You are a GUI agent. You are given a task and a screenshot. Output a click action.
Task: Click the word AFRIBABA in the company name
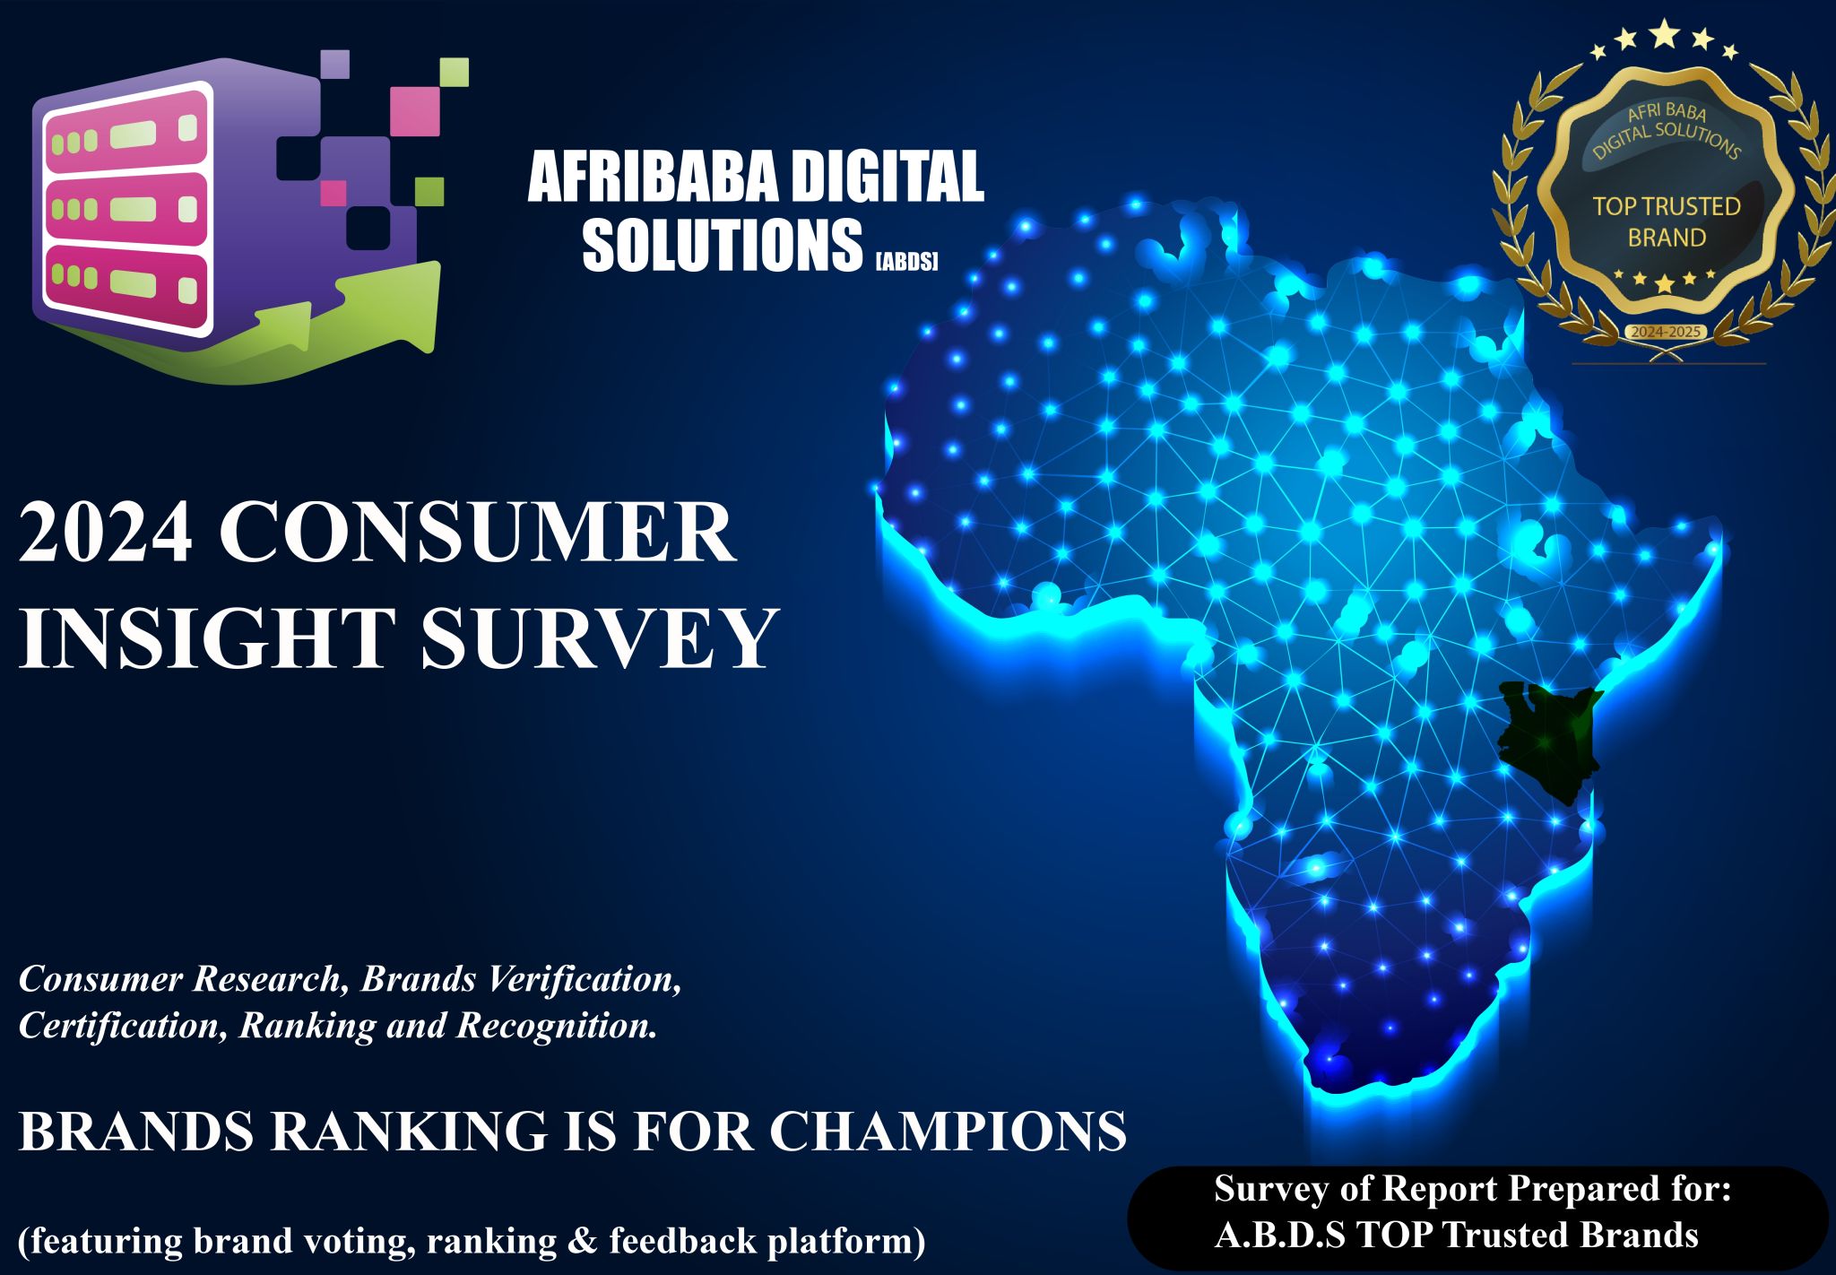pyautogui.click(x=651, y=177)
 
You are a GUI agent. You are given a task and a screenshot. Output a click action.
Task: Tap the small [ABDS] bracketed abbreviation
pyautogui.click(x=906, y=262)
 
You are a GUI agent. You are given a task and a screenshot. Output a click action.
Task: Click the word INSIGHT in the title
pyautogui.click(x=206, y=638)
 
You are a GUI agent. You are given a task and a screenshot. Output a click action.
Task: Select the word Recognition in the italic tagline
pyautogui.click(x=557, y=1026)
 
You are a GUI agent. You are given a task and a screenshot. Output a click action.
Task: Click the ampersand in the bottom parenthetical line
pyautogui.click(x=582, y=1241)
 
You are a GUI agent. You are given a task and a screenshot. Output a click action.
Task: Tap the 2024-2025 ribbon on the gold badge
pyautogui.click(x=1665, y=332)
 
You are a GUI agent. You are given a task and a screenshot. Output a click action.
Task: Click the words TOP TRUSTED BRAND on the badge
pyautogui.click(x=1666, y=222)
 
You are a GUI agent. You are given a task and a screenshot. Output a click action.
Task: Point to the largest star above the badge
pyautogui.click(x=1665, y=34)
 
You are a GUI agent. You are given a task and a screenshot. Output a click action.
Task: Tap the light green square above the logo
pyautogui.click(x=455, y=72)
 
